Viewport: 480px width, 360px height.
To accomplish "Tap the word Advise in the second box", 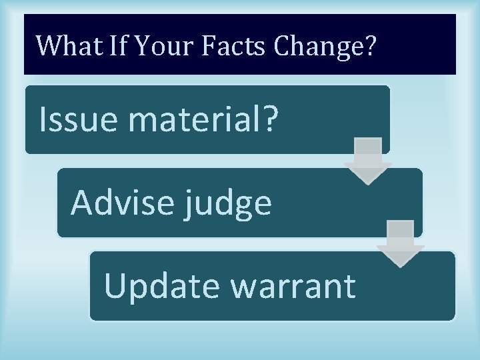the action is click(x=119, y=202).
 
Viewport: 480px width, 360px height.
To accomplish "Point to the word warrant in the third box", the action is click(x=293, y=285).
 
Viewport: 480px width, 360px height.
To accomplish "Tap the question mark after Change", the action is click(x=370, y=45).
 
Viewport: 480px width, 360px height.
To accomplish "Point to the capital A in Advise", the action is click(x=82, y=202).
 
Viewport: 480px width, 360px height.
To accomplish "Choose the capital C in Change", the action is click(x=283, y=45).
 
